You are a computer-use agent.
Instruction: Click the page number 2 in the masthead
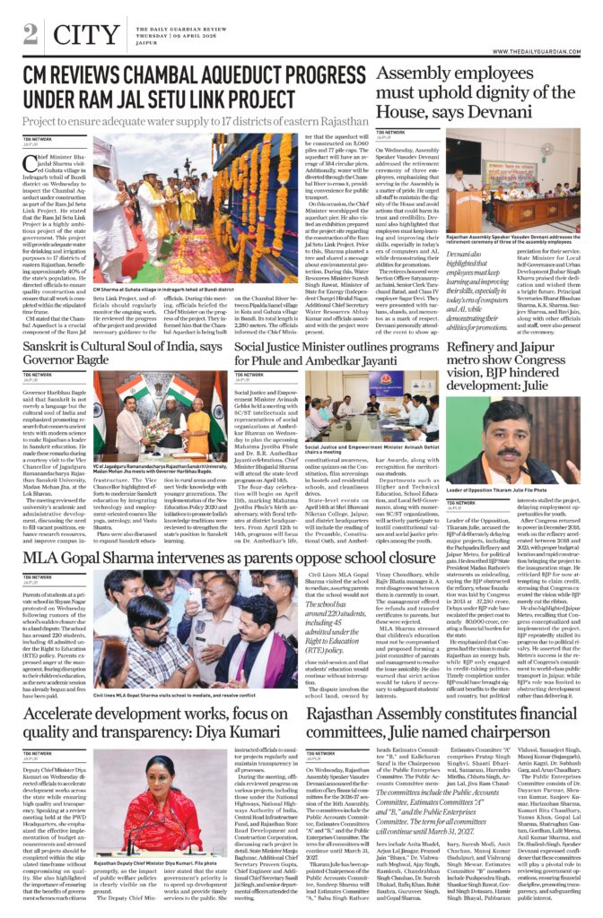(x=30, y=33)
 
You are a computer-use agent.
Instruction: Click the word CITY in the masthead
(x=86, y=35)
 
